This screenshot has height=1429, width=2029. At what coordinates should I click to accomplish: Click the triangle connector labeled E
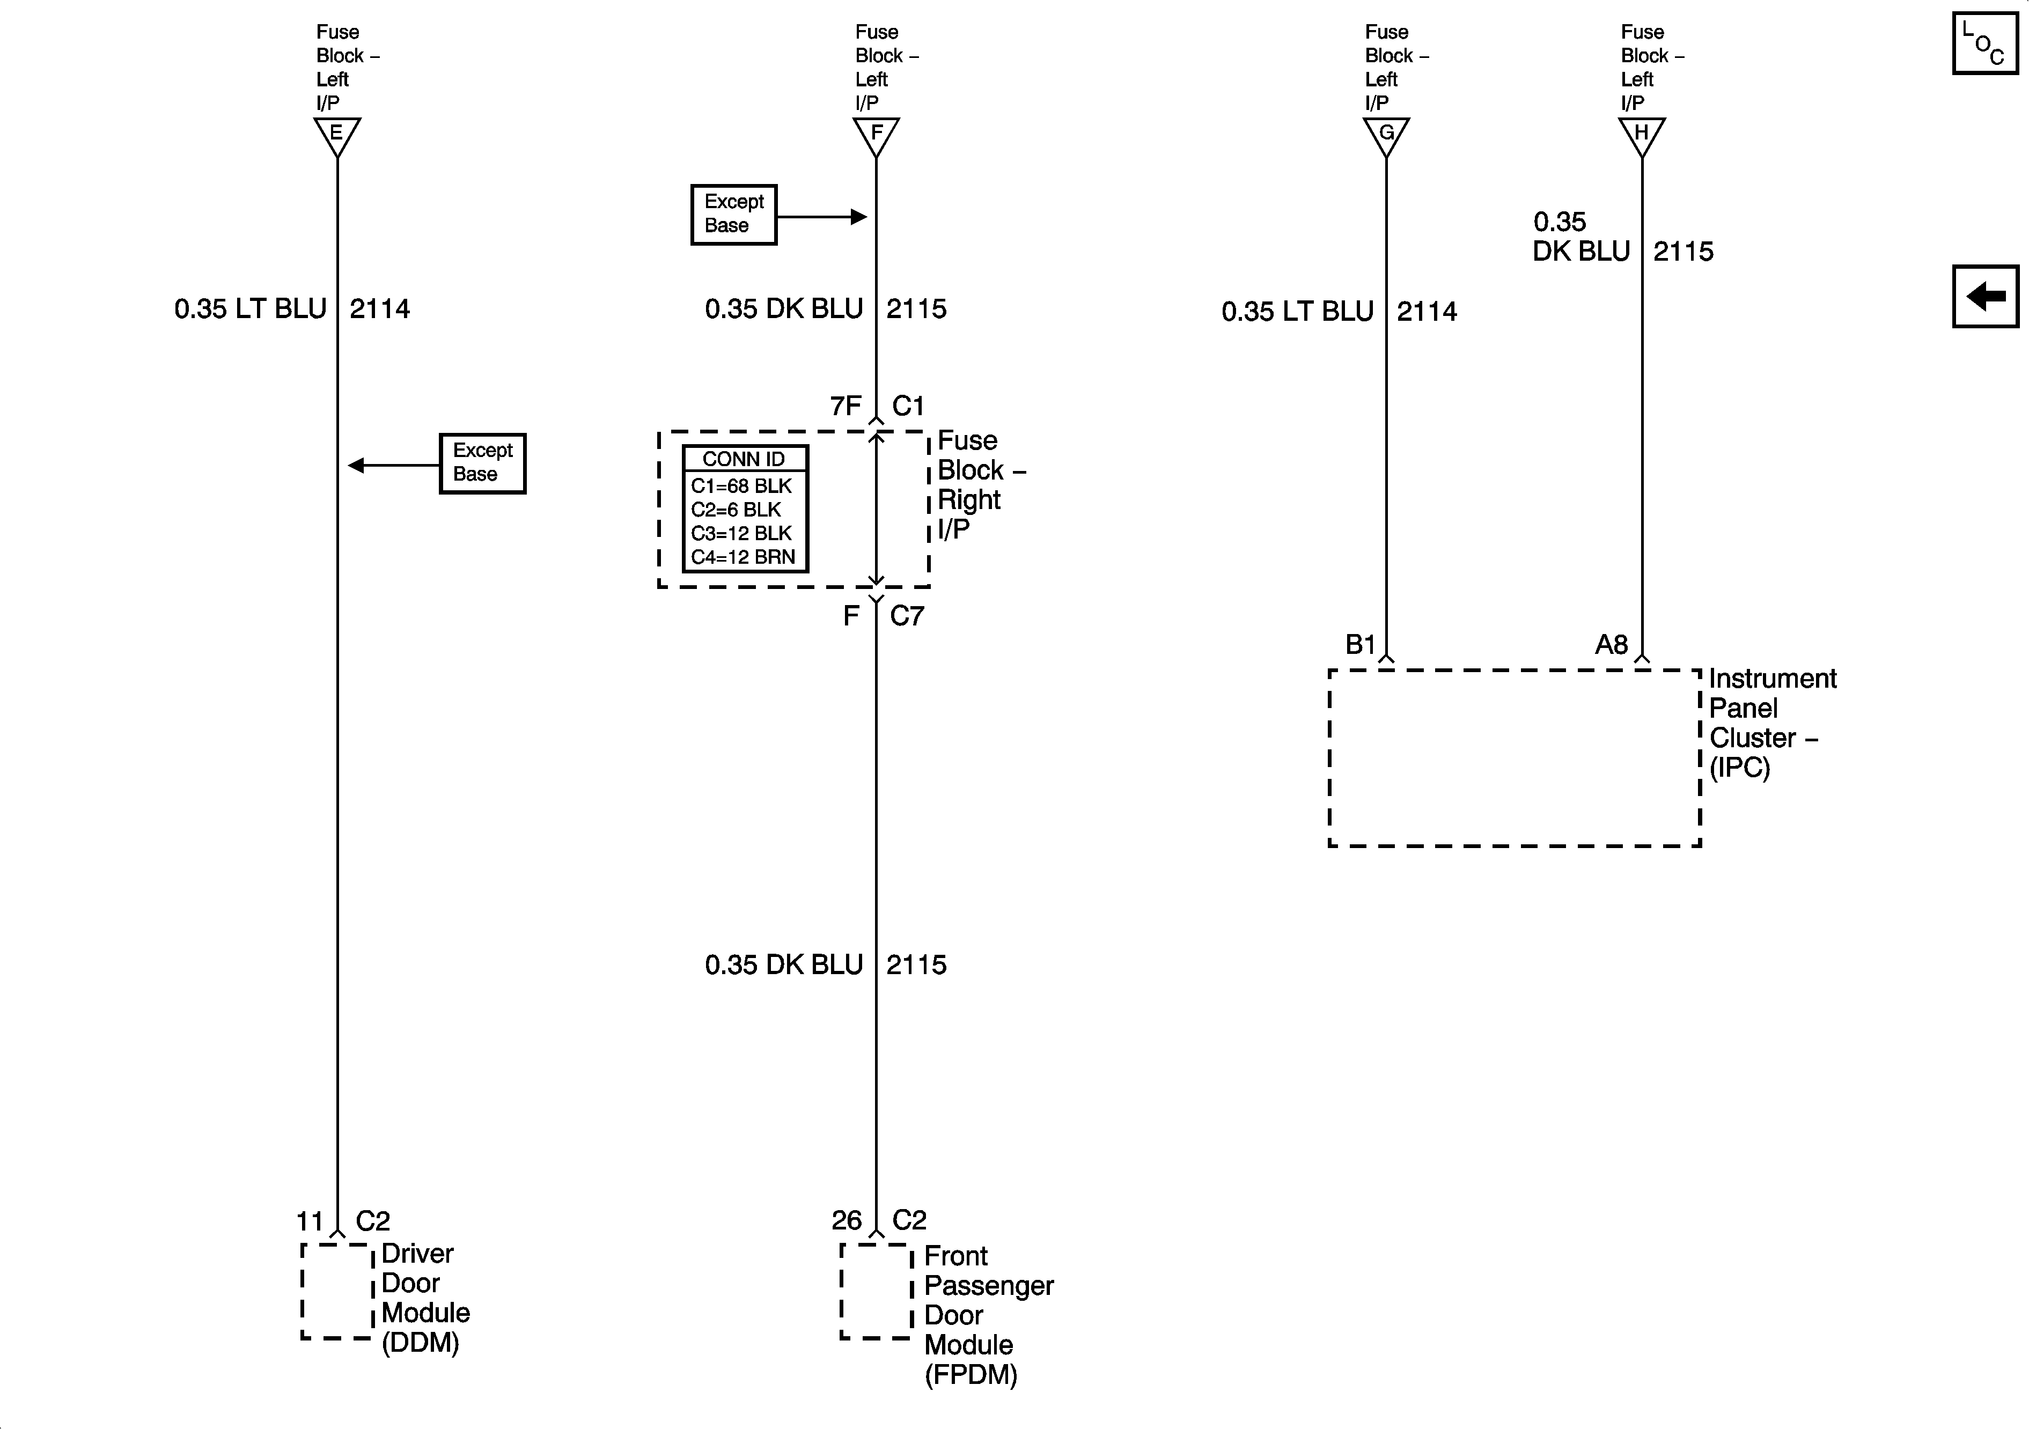337,135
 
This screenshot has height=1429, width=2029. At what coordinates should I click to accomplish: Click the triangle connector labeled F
876,135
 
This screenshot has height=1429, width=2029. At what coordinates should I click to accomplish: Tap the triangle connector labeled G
1386,135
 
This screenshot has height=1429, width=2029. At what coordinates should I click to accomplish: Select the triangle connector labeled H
1641,135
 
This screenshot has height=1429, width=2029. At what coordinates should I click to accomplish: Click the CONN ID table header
744,459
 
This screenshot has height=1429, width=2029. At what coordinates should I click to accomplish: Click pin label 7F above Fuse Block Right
846,406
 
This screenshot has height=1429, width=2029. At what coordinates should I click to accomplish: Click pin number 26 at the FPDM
846,1220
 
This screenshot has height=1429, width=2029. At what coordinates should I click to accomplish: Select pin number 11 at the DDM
310,1221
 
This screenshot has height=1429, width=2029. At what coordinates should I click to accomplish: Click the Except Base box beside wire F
733,215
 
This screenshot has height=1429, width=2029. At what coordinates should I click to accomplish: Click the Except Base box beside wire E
482,463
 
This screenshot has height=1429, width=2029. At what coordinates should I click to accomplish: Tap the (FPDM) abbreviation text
971,1375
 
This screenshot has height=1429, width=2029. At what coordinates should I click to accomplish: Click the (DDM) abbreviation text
421,1343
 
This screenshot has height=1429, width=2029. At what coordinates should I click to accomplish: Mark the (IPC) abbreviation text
1740,767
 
